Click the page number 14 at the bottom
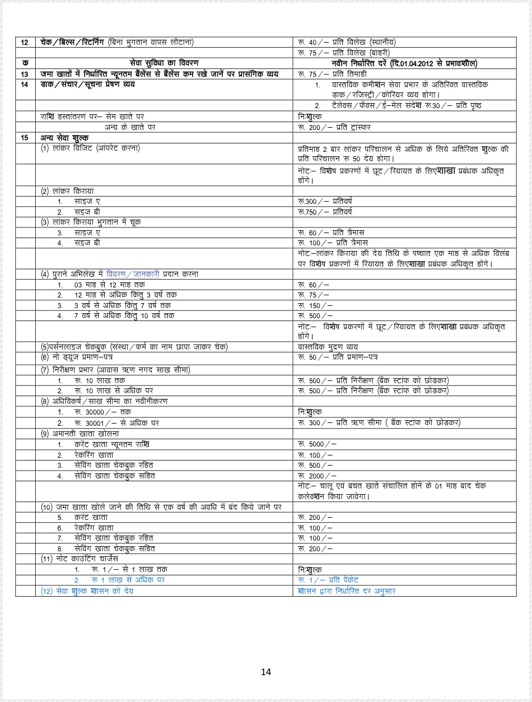[x=266, y=672]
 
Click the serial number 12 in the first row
[x=25, y=43]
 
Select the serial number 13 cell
[x=25, y=74]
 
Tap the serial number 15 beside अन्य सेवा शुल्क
[x=25, y=138]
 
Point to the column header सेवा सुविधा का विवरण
[x=164, y=63]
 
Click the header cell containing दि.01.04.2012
[x=404, y=63]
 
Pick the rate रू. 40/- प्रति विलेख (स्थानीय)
[x=347, y=43]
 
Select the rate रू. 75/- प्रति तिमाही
[x=332, y=74]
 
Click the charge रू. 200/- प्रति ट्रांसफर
[x=334, y=127]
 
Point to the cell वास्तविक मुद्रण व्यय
[x=328, y=347]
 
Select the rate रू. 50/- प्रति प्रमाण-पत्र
[x=338, y=357]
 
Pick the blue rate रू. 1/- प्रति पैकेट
[x=328, y=580]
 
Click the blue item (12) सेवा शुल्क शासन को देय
[x=87, y=591]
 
